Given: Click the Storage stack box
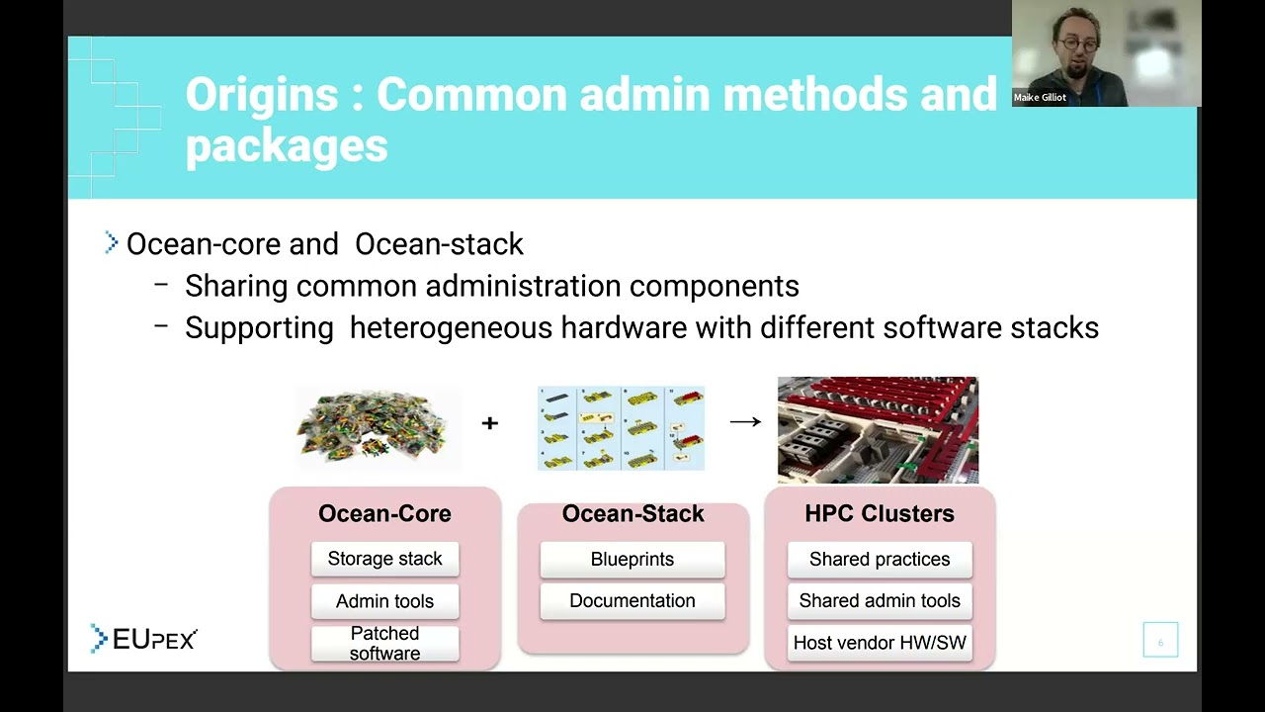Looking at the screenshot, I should point(384,559).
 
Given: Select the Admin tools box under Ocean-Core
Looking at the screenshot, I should point(384,600).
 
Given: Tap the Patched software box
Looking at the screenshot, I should point(384,643).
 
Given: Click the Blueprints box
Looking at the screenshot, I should point(632,559).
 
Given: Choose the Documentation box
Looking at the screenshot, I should point(632,600).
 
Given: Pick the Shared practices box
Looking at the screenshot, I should point(879,559).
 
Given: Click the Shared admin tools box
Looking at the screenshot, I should point(879,600).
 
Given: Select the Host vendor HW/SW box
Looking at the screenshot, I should point(879,643).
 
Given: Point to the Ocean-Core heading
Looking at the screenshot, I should point(384,513).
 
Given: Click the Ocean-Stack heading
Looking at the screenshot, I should point(632,513).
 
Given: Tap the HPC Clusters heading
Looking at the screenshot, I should point(879,513).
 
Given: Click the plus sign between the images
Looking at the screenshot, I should point(489,423).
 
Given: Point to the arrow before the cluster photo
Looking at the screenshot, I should point(745,422).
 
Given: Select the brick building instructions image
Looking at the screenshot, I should point(621,428).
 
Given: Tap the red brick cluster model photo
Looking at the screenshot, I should point(878,428).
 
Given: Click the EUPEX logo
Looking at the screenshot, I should point(144,639).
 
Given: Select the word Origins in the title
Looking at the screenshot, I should point(261,95).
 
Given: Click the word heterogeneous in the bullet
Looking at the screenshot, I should point(451,327).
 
